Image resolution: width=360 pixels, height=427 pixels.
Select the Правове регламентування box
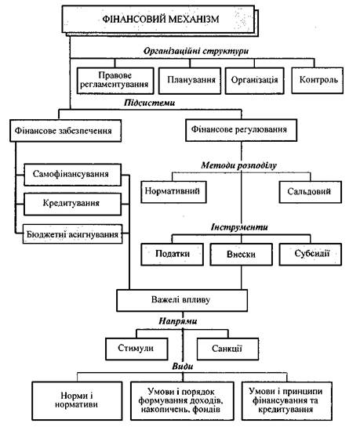(x=115, y=81)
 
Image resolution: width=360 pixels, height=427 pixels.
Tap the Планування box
(x=190, y=81)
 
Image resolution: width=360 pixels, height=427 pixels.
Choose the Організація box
(x=255, y=81)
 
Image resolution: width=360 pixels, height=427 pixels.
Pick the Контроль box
(x=317, y=81)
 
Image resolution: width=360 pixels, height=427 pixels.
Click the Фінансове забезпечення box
(x=65, y=130)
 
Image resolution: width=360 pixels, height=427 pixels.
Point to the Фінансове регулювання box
(x=241, y=130)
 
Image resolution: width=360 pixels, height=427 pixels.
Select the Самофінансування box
(x=72, y=175)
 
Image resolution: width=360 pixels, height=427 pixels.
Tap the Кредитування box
(x=72, y=204)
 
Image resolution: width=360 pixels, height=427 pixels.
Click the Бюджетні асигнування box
(x=72, y=233)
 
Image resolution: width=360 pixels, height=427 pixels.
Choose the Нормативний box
(x=173, y=192)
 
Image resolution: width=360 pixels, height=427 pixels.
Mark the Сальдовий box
(x=310, y=192)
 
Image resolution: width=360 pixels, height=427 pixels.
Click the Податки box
(x=172, y=254)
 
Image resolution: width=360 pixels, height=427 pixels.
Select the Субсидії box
(x=310, y=254)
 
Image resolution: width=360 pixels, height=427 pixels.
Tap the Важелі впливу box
(x=182, y=300)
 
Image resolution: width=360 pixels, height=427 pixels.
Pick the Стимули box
(x=136, y=349)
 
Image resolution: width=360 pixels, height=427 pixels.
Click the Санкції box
(x=227, y=349)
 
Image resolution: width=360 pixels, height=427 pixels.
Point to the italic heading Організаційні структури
(x=196, y=51)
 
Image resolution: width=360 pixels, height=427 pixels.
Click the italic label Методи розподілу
(x=239, y=165)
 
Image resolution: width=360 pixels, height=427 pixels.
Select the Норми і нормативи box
(x=77, y=400)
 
